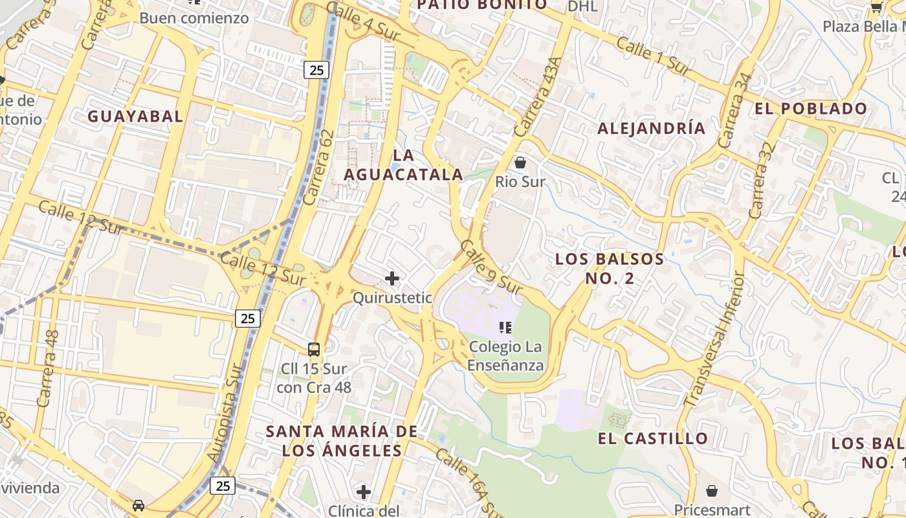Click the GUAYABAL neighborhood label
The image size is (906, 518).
[135, 117]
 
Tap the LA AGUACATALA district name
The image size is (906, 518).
[403, 165]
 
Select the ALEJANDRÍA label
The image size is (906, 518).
[651, 128]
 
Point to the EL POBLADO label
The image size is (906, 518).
[811, 109]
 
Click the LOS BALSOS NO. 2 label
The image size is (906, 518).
[610, 269]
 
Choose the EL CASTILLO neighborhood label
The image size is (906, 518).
[652, 438]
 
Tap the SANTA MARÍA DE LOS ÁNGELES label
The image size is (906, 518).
[342, 440]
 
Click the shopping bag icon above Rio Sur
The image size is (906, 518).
[520, 163]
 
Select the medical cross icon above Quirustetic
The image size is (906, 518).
[392, 278]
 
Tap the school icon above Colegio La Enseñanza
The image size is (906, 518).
[505, 328]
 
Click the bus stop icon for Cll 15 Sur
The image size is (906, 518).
[314, 350]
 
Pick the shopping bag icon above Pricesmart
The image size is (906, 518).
[712, 491]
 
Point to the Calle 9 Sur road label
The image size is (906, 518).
[491, 266]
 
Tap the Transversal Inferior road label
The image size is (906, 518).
[715, 339]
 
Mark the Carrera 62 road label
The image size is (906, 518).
[318, 167]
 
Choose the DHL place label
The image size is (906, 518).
[582, 6]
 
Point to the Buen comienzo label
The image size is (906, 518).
[194, 18]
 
